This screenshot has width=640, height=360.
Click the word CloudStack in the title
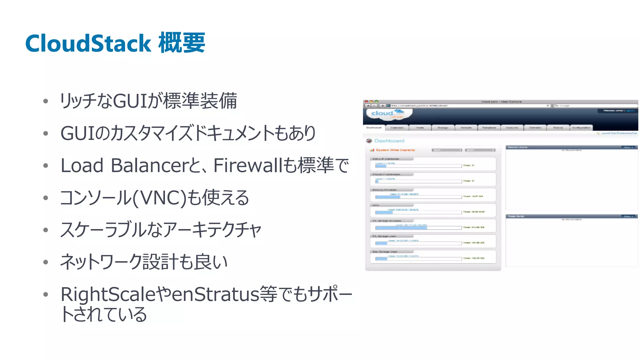(88, 43)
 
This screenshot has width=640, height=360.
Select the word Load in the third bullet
(82, 165)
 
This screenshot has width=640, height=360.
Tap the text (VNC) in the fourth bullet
(160, 198)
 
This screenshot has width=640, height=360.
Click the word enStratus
(215, 294)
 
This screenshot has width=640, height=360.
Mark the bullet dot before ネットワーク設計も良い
(46, 262)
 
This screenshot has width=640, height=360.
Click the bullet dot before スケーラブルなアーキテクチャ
(46, 230)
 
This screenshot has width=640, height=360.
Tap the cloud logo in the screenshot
(387, 114)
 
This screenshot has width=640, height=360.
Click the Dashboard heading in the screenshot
(389, 141)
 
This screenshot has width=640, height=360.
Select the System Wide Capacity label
(395, 150)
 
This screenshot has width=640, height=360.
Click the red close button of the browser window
(366, 102)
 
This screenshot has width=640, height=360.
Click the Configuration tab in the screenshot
(581, 128)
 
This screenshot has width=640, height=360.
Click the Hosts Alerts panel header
(571, 216)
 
